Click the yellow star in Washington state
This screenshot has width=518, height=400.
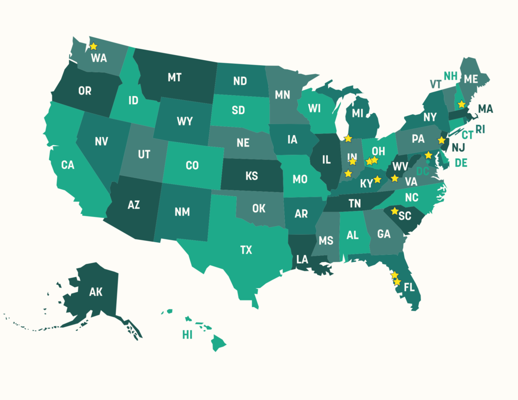click(93, 46)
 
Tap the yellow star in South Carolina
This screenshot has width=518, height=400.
click(395, 211)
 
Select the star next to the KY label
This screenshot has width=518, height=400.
click(377, 179)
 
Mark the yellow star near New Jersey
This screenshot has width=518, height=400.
click(441, 140)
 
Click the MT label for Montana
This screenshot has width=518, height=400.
click(175, 78)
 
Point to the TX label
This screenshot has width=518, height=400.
click(246, 249)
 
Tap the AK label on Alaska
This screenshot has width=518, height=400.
click(96, 292)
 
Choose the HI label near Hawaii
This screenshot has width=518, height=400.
click(187, 335)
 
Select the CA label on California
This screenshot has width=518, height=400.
click(68, 165)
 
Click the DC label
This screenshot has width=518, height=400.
click(422, 172)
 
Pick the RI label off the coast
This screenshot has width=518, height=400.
click(480, 129)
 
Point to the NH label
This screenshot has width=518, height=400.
click(451, 76)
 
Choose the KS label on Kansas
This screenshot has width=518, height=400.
click(251, 176)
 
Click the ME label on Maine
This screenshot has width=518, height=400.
click(470, 79)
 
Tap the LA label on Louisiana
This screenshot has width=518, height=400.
click(302, 259)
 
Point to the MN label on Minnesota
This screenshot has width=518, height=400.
click(282, 95)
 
